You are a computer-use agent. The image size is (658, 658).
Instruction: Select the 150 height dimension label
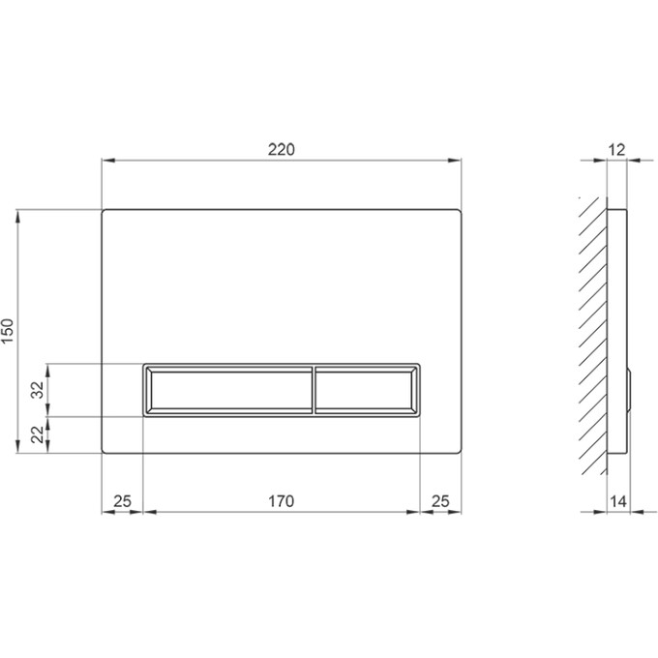pyautogui.click(x=9, y=331)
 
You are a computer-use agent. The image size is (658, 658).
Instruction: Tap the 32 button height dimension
pyautogui.click(x=38, y=390)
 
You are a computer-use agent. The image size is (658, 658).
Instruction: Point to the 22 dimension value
pyautogui.click(x=38, y=435)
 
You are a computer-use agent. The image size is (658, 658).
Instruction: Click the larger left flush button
pyautogui.click(x=228, y=390)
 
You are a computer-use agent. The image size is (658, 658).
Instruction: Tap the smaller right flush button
pyautogui.click(x=367, y=390)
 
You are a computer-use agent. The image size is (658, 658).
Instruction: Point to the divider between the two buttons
pyautogui.click(x=314, y=390)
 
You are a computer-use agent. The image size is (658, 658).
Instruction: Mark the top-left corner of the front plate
pyautogui.click(x=104, y=210)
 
